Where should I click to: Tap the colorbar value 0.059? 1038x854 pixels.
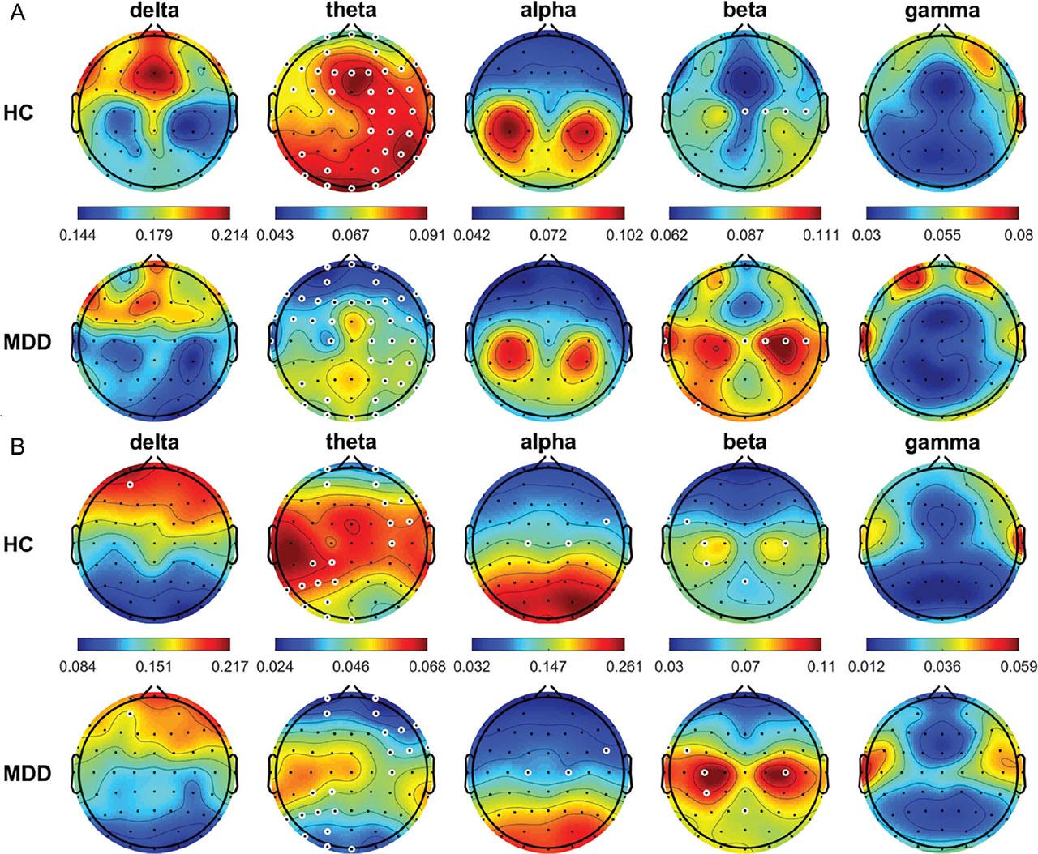(x=1016, y=667)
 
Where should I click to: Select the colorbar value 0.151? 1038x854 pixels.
(x=154, y=667)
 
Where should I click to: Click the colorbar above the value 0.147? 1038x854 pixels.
(x=547, y=645)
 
